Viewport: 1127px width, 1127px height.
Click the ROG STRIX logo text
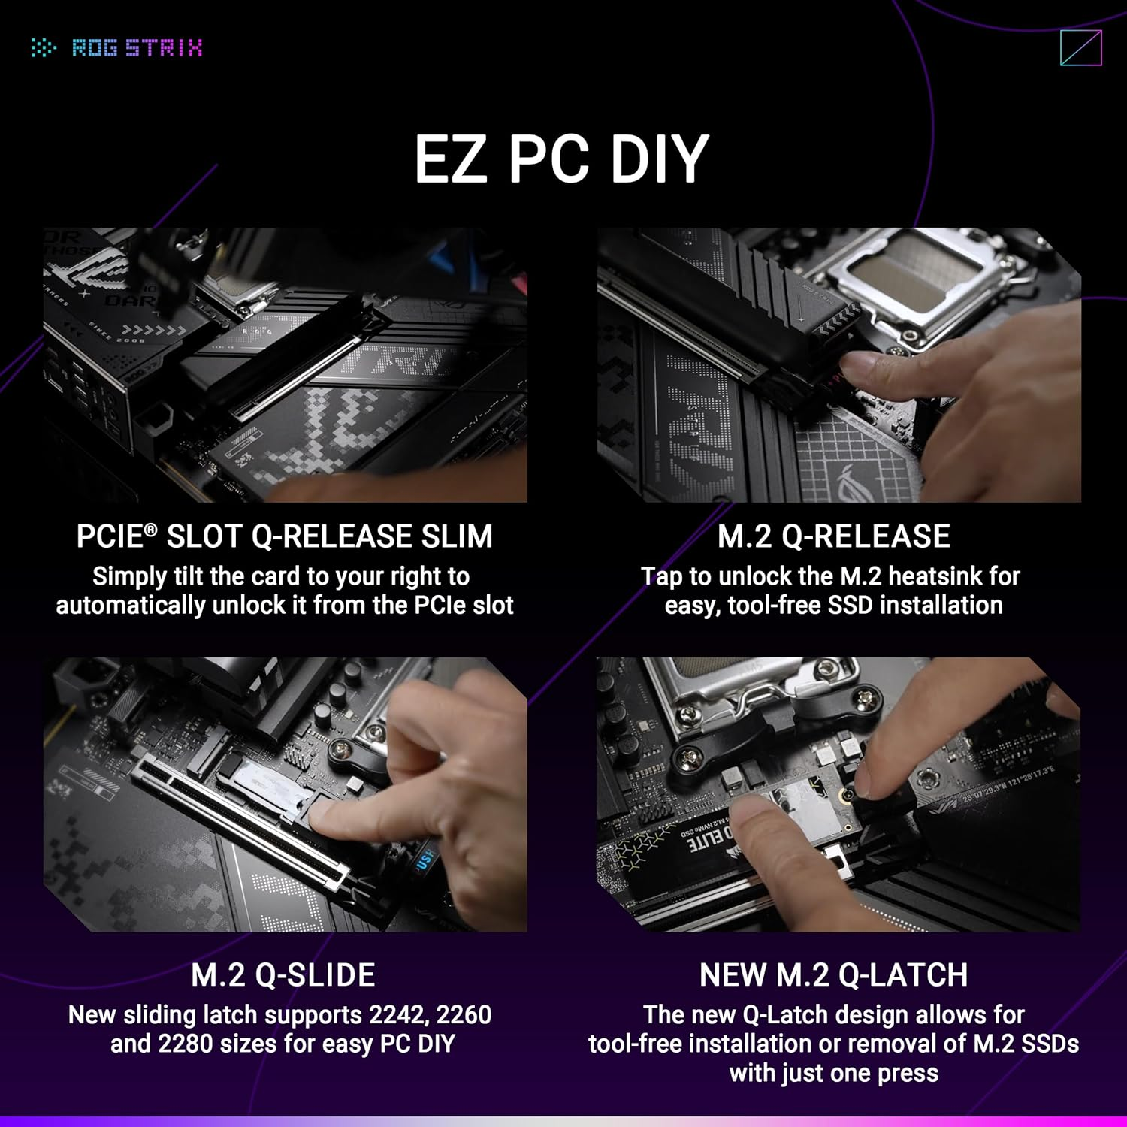(x=137, y=48)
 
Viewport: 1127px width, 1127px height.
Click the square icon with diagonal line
(x=1080, y=48)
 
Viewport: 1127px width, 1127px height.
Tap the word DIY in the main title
(x=659, y=159)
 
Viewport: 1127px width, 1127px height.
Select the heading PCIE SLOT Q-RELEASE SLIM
(x=284, y=536)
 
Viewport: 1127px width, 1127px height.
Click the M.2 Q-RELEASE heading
(x=833, y=536)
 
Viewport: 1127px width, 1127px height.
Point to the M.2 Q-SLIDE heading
(x=283, y=975)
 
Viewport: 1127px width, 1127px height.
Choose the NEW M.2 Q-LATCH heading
(x=833, y=975)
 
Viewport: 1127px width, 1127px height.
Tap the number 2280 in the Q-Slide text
(x=183, y=1044)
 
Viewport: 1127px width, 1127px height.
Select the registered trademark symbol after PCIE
(x=151, y=530)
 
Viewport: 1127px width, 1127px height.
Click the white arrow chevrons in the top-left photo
(x=154, y=330)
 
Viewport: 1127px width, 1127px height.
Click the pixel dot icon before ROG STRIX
(x=44, y=48)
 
